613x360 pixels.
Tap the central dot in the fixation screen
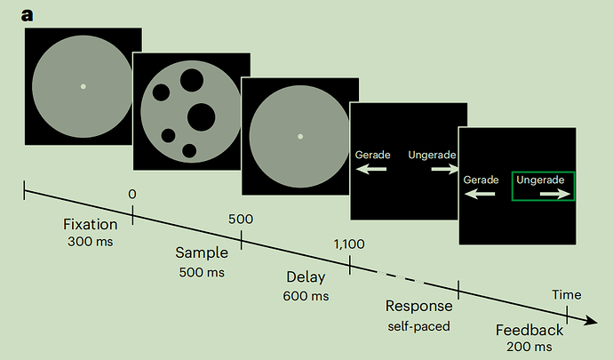click(x=83, y=86)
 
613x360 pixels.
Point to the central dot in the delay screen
click(x=300, y=136)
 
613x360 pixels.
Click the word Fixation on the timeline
click(x=91, y=224)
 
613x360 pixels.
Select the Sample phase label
click(x=201, y=253)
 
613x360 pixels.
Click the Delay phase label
click(x=306, y=276)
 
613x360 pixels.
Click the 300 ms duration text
click(x=90, y=241)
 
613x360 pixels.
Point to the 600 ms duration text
click(x=306, y=294)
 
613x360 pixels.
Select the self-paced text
click(x=418, y=325)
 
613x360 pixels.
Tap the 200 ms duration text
click(x=529, y=346)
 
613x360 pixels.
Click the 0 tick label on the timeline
click(x=132, y=194)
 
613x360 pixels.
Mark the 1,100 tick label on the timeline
click(x=350, y=244)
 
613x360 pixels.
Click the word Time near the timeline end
click(x=567, y=294)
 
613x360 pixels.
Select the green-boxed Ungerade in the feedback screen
click(x=542, y=180)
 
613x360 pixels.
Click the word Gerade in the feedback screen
click(x=481, y=180)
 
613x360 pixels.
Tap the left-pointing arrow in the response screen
click(x=372, y=168)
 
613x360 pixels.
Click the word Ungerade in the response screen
click(x=433, y=155)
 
